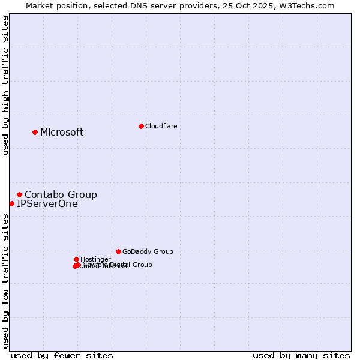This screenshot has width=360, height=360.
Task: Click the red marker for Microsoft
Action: point(35,132)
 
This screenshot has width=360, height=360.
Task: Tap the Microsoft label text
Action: point(62,133)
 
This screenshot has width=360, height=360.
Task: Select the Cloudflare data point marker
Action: point(141,126)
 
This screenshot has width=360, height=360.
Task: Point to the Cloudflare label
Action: point(161,126)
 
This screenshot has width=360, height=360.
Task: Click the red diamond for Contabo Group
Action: point(20,194)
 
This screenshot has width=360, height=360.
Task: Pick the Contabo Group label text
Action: point(61,194)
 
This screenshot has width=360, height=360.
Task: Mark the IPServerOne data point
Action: point(12,203)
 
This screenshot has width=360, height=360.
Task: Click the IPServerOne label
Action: point(47,204)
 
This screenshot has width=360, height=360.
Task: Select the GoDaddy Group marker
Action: point(118,251)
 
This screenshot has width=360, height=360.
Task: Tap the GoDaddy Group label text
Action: point(148,251)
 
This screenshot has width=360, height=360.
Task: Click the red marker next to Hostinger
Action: point(76,259)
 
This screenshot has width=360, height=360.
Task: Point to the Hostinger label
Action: point(95,259)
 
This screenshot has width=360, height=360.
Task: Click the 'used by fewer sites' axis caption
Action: point(62,355)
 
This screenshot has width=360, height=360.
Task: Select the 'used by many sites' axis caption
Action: point(301,355)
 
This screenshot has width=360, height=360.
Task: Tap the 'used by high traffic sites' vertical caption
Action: point(5,85)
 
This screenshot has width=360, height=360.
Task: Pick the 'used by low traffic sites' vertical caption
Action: point(5,281)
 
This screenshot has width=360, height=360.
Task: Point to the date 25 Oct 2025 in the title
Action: point(257,5)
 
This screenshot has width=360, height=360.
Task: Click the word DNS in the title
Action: point(141,5)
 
